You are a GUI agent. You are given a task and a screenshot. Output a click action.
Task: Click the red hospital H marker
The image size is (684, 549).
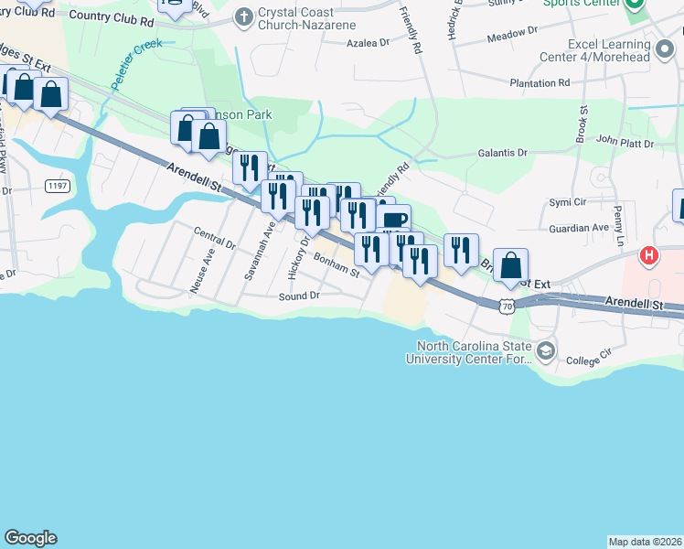point(649,256)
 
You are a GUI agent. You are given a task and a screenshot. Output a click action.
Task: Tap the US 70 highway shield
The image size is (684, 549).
point(508,307)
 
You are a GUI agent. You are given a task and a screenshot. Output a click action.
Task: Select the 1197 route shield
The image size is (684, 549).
point(57,186)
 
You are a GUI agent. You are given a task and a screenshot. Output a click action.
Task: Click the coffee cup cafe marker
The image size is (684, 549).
point(395,220)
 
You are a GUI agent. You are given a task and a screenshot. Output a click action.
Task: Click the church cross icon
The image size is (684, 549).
point(243,16)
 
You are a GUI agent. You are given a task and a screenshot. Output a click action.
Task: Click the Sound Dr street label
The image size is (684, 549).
point(299,296)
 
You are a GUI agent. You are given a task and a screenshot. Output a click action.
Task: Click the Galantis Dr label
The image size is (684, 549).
point(502,154)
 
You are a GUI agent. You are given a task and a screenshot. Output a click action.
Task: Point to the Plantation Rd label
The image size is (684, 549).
point(540,82)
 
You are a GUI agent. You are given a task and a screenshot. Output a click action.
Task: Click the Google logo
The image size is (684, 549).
point(30,538)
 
